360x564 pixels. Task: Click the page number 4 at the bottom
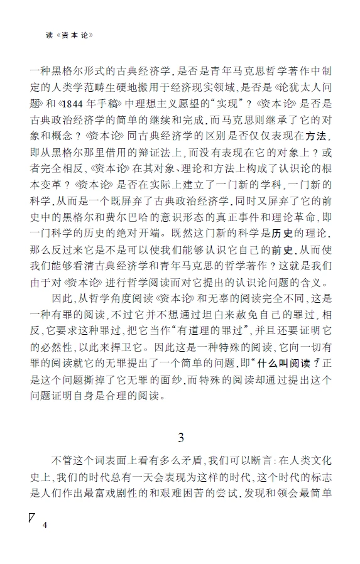(x=45, y=525)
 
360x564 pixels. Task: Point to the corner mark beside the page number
(x=32, y=518)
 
